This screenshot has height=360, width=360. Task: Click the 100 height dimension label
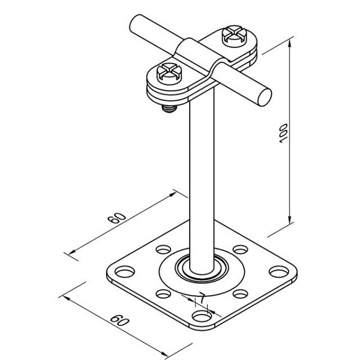coord(283,133)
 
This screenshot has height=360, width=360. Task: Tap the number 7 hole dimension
coord(202,298)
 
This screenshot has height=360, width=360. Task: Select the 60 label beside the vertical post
coord(117,218)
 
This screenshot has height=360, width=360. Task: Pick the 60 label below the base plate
coord(119,321)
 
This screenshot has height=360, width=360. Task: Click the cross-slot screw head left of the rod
coord(169,73)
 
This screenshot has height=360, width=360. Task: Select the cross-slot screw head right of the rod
coord(234,35)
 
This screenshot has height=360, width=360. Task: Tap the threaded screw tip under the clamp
coord(169,109)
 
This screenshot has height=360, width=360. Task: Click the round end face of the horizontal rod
coord(265,97)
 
